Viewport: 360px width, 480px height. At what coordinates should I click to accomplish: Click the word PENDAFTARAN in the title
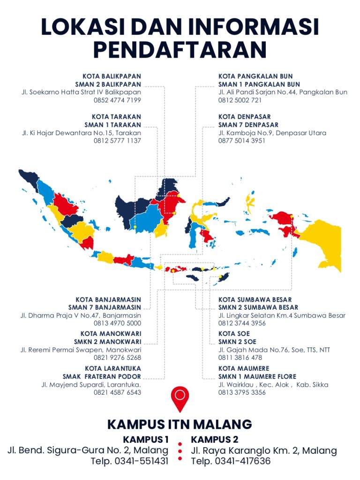point(180,49)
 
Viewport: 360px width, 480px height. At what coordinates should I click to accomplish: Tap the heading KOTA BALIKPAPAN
point(112,76)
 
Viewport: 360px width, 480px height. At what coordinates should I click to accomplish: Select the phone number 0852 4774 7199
point(117,100)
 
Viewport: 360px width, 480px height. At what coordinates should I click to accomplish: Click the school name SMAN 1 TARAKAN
point(112,125)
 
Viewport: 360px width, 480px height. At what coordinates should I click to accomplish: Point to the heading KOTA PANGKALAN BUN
point(255,76)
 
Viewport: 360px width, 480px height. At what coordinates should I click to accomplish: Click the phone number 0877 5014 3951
point(242,141)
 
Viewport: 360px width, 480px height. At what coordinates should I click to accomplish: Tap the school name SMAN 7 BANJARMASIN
point(105,307)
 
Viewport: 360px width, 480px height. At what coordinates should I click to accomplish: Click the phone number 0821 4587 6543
point(117,392)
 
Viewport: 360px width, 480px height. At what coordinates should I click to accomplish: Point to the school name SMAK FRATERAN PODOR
point(102,377)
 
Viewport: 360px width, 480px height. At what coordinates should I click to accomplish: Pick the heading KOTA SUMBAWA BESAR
point(255,299)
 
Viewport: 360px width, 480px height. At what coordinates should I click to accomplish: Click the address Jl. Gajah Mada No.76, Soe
point(274,350)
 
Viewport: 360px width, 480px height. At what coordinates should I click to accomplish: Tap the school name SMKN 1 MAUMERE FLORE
point(257,377)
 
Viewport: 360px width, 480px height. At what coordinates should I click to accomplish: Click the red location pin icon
point(180,398)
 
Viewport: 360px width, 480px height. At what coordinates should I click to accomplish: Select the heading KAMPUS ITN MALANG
point(180,425)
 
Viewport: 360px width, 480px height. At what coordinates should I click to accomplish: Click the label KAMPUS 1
point(145,440)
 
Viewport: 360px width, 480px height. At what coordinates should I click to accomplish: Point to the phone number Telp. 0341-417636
point(231,461)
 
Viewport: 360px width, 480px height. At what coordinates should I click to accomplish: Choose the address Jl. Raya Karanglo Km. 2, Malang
point(264,451)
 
